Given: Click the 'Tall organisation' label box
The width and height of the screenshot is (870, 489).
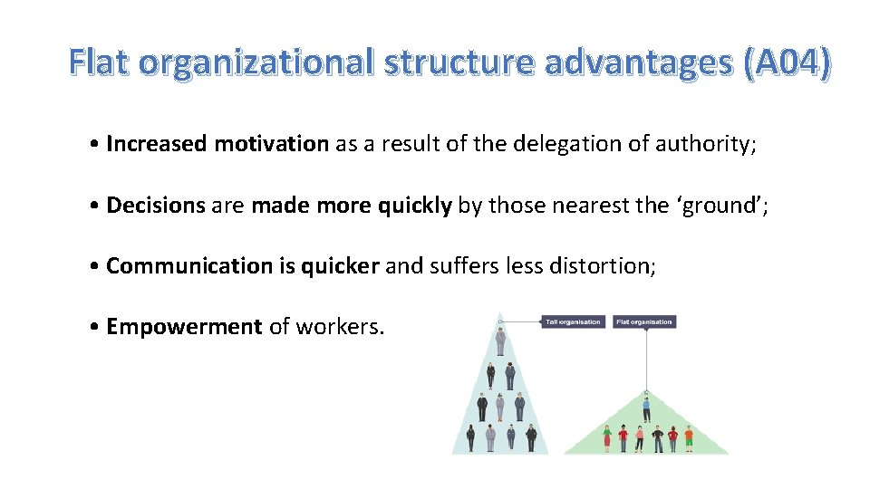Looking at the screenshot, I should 573,321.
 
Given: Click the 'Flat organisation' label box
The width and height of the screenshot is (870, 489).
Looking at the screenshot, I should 644,321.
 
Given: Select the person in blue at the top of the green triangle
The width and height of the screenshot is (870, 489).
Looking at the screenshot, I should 646,408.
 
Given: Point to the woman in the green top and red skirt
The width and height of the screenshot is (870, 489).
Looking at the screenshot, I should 606,438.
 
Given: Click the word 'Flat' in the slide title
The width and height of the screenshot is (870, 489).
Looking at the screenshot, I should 101,62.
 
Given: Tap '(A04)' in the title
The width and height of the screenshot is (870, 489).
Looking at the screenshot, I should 784,62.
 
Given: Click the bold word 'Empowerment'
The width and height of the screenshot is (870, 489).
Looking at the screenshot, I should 184,327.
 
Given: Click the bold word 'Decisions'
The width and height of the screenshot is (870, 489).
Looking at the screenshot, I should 156,206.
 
